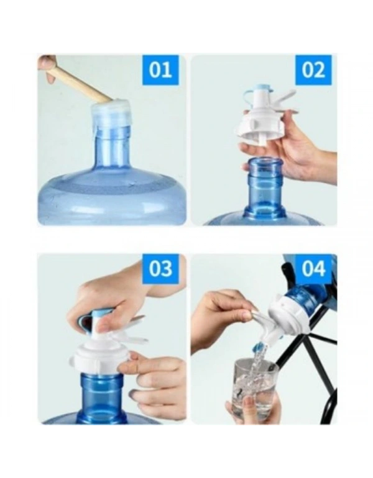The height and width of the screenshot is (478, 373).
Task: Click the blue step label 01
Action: tap(160, 70)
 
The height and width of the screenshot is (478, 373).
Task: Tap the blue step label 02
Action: tap(313, 70)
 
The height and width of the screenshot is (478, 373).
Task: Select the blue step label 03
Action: tap(160, 269)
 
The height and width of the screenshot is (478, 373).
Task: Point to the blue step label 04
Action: tap(313, 269)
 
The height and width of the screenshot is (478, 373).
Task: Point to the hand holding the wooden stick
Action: tap(47, 68)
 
